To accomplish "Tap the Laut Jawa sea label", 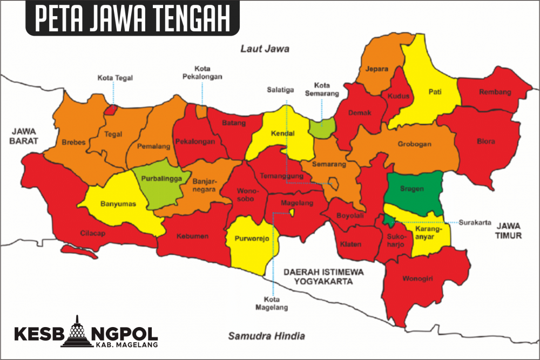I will pos(265,49).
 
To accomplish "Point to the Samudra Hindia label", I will pos(266,335).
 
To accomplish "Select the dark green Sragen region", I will pos(413,192).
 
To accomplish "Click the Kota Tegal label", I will pos(115,78).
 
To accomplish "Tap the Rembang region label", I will pos(494,92).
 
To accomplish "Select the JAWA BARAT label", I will pos(26,136).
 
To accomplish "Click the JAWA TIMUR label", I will pos(509,230).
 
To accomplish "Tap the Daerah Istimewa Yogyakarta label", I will pos(324,276).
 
